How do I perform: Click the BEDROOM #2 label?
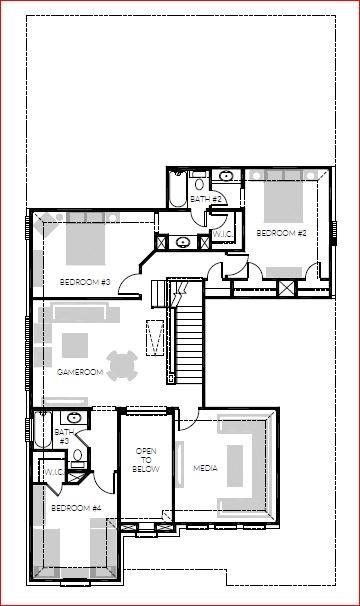coord(281,233)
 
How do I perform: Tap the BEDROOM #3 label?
coord(85,282)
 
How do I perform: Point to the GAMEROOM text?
coord(80,372)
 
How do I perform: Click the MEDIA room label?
coord(205,468)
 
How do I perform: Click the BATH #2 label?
coord(205,200)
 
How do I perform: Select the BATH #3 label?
coord(62,437)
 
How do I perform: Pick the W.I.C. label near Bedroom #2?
coord(223,236)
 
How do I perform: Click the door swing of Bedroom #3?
coord(130,287)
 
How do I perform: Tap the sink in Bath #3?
coord(73,417)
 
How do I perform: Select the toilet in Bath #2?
coord(199,183)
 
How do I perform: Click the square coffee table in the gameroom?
coord(76,345)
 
